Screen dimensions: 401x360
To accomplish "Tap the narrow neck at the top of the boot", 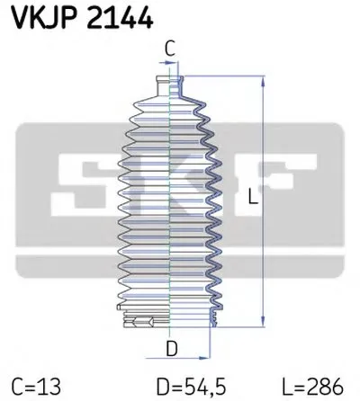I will [x=171, y=84].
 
